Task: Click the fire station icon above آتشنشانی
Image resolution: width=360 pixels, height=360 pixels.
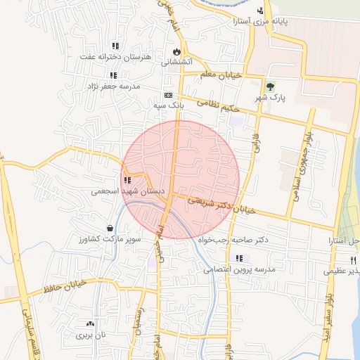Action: (x=176, y=51)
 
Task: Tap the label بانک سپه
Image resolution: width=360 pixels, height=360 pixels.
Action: (x=169, y=105)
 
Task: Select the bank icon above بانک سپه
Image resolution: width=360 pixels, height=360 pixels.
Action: (x=168, y=95)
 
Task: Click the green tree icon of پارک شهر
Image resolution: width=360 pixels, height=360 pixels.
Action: (x=271, y=87)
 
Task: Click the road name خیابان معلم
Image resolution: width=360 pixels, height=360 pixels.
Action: (x=220, y=75)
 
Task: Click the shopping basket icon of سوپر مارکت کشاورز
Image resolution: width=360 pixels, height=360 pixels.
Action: (x=110, y=228)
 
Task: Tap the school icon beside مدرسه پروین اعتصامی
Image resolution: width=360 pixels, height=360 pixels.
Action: (x=240, y=258)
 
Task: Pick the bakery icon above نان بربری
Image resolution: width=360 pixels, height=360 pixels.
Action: (x=89, y=323)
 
